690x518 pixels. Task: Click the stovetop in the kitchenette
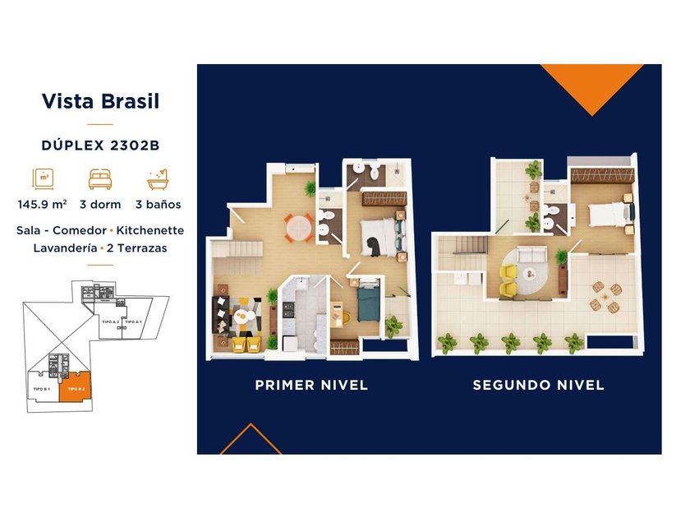(290, 310)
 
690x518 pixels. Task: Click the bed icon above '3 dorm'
(99, 178)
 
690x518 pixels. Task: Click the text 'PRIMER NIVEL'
(311, 385)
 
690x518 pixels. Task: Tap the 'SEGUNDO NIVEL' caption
(538, 385)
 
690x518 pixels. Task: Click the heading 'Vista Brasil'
(99, 102)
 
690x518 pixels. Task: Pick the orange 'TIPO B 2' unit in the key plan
(76, 389)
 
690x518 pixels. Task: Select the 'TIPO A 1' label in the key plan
(133, 321)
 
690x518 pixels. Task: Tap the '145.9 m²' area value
(41, 204)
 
